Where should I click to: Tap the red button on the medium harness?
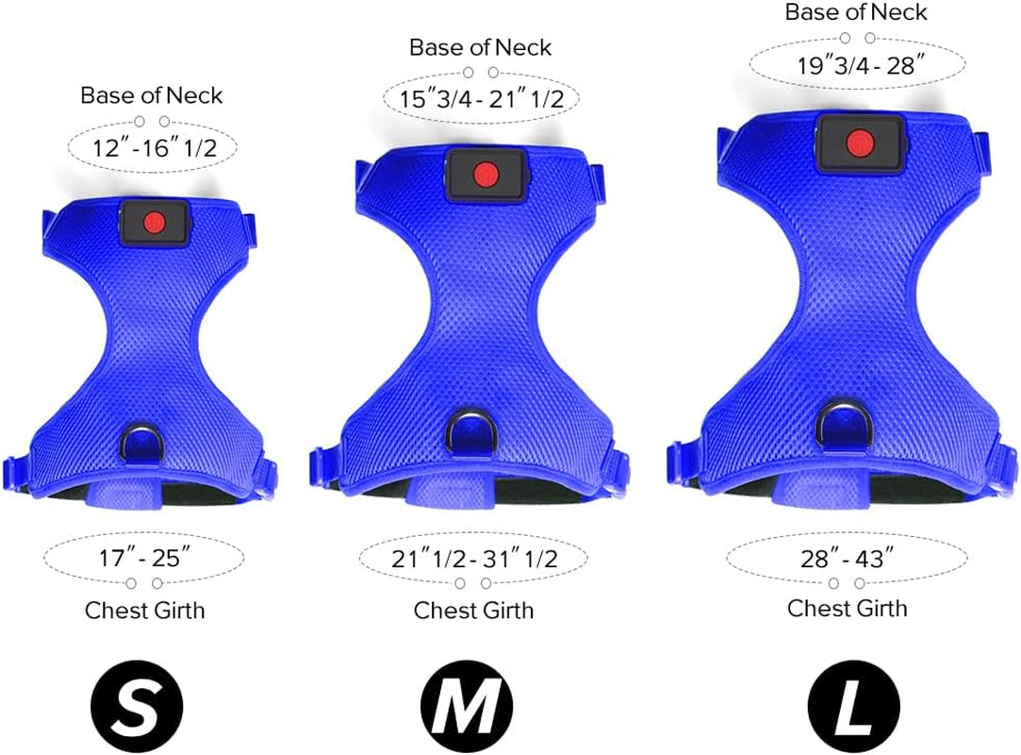pyautogui.click(x=485, y=174)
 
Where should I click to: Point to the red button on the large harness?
pyautogui.click(x=858, y=143)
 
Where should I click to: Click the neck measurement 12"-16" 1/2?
pyautogui.click(x=152, y=148)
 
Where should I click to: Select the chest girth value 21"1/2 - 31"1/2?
pyautogui.click(x=474, y=559)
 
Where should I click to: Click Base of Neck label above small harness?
pyautogui.click(x=152, y=95)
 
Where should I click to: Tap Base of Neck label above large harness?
pyautogui.click(x=856, y=12)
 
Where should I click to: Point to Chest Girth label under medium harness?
pyautogui.click(x=473, y=611)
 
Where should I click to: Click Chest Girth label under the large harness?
pyautogui.click(x=847, y=608)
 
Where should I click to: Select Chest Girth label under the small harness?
pyautogui.click(x=144, y=610)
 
